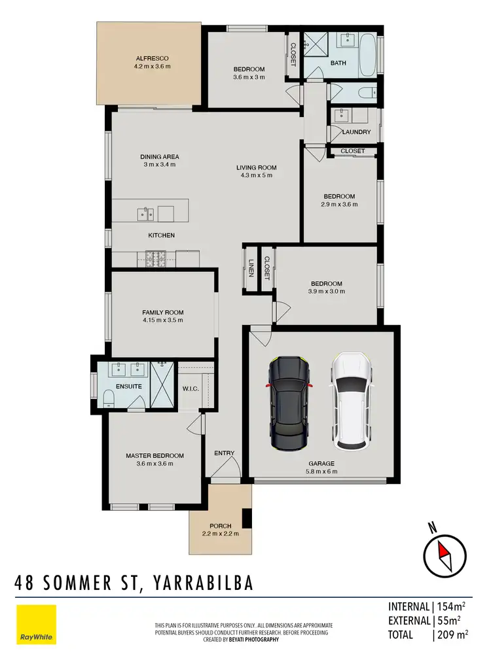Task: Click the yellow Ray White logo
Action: pyautogui.click(x=36, y=625)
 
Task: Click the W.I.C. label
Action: pyautogui.click(x=191, y=388)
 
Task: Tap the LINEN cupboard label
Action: pyautogui.click(x=251, y=268)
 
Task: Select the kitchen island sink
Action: pyautogui.click(x=145, y=213)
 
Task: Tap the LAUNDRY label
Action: pyautogui.click(x=356, y=132)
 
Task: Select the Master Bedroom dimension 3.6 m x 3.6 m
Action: pyautogui.click(x=155, y=464)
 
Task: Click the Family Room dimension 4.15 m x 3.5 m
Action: pyautogui.click(x=162, y=320)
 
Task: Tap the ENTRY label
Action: pyautogui.click(x=224, y=453)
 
